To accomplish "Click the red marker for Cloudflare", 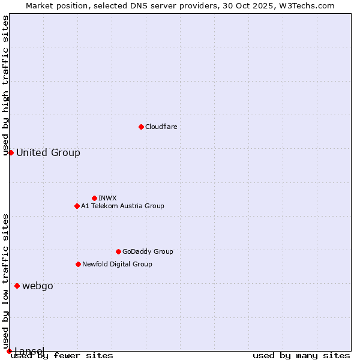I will tap(141, 127).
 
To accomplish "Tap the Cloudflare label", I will tap(161, 127).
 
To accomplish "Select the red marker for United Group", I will tap(11, 152).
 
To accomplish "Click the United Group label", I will tap(48, 152).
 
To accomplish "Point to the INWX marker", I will tap(94, 198).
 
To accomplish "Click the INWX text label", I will tap(107, 198).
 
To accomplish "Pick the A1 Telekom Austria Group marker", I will tap(77, 206).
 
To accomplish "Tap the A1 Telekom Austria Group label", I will tap(122, 206).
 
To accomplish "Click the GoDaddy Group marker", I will tap(118, 251).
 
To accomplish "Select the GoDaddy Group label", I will tap(147, 251).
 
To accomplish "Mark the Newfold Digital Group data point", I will tap(78, 264).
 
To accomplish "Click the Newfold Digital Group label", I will tap(117, 264).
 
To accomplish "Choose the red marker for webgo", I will tap(17, 286).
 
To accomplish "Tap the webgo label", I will tap(37, 286).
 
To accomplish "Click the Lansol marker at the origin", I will tap(9, 351).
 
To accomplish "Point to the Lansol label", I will tap(29, 350).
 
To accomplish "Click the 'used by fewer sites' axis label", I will tap(62, 355).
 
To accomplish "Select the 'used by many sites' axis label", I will tap(301, 355).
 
